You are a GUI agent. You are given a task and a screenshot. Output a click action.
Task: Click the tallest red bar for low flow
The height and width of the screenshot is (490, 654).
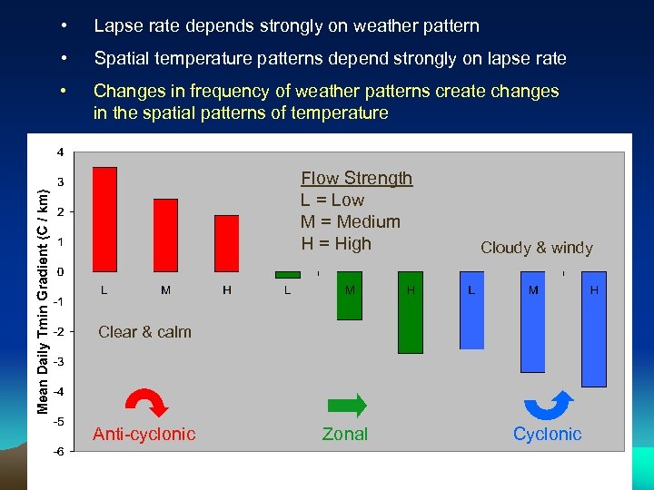coord(105,219)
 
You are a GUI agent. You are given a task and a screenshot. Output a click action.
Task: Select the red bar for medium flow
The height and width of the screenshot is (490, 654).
coord(166,235)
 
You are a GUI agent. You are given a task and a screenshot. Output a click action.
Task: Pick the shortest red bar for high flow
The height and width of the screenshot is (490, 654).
coord(227,243)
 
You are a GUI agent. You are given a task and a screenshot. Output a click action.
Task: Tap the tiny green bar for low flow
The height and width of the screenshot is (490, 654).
coord(287,274)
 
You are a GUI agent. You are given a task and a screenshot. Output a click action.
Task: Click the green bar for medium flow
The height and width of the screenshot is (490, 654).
coord(349,296)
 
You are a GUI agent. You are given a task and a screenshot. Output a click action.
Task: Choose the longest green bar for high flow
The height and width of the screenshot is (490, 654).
coord(411,312)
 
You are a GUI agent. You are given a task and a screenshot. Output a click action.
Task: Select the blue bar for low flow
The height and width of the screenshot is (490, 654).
coord(471,310)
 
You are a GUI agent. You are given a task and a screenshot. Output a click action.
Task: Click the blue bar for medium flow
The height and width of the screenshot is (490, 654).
coord(532,322)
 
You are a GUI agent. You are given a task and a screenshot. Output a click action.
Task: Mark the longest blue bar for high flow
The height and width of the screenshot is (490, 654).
coord(593,329)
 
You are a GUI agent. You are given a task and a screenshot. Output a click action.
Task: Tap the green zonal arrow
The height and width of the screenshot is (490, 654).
coord(346,405)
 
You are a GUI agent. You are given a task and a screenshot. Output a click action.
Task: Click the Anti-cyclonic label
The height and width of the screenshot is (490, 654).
coord(144,435)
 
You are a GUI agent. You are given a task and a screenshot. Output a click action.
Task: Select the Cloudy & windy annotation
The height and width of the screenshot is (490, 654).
coord(536,248)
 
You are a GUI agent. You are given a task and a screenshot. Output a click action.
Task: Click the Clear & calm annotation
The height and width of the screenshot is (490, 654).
coord(144,332)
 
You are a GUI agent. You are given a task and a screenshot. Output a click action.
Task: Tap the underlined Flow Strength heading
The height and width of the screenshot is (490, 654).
coord(356,179)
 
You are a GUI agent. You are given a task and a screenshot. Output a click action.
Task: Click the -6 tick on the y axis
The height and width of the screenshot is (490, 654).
coord(57,452)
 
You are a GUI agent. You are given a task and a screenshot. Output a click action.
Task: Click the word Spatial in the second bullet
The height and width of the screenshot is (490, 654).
coord(122,59)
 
